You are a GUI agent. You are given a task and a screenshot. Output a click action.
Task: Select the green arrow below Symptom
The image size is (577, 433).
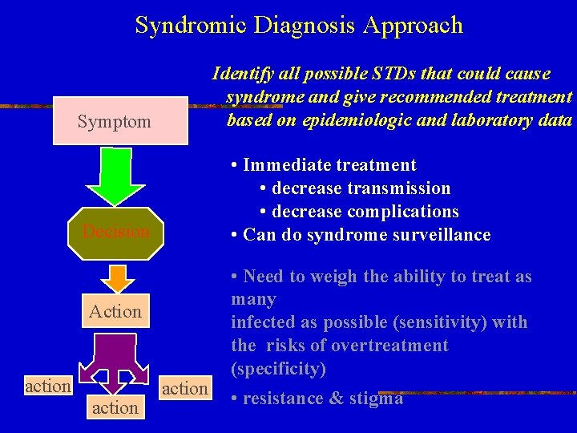[x=117, y=179]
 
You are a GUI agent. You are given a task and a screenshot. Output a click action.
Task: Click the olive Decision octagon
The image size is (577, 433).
[x=116, y=232]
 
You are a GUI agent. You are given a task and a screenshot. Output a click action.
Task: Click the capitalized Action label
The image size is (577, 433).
[x=115, y=311]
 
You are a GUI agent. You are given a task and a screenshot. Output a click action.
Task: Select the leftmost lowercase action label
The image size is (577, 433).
[x=48, y=386]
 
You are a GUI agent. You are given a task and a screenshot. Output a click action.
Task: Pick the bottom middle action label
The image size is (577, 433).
[x=115, y=407]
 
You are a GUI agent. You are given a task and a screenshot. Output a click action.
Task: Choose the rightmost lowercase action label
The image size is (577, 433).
[x=184, y=388]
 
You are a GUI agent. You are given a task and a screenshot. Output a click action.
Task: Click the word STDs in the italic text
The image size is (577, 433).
[x=388, y=74]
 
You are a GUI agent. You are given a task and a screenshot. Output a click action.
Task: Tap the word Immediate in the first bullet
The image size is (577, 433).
[x=286, y=165]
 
